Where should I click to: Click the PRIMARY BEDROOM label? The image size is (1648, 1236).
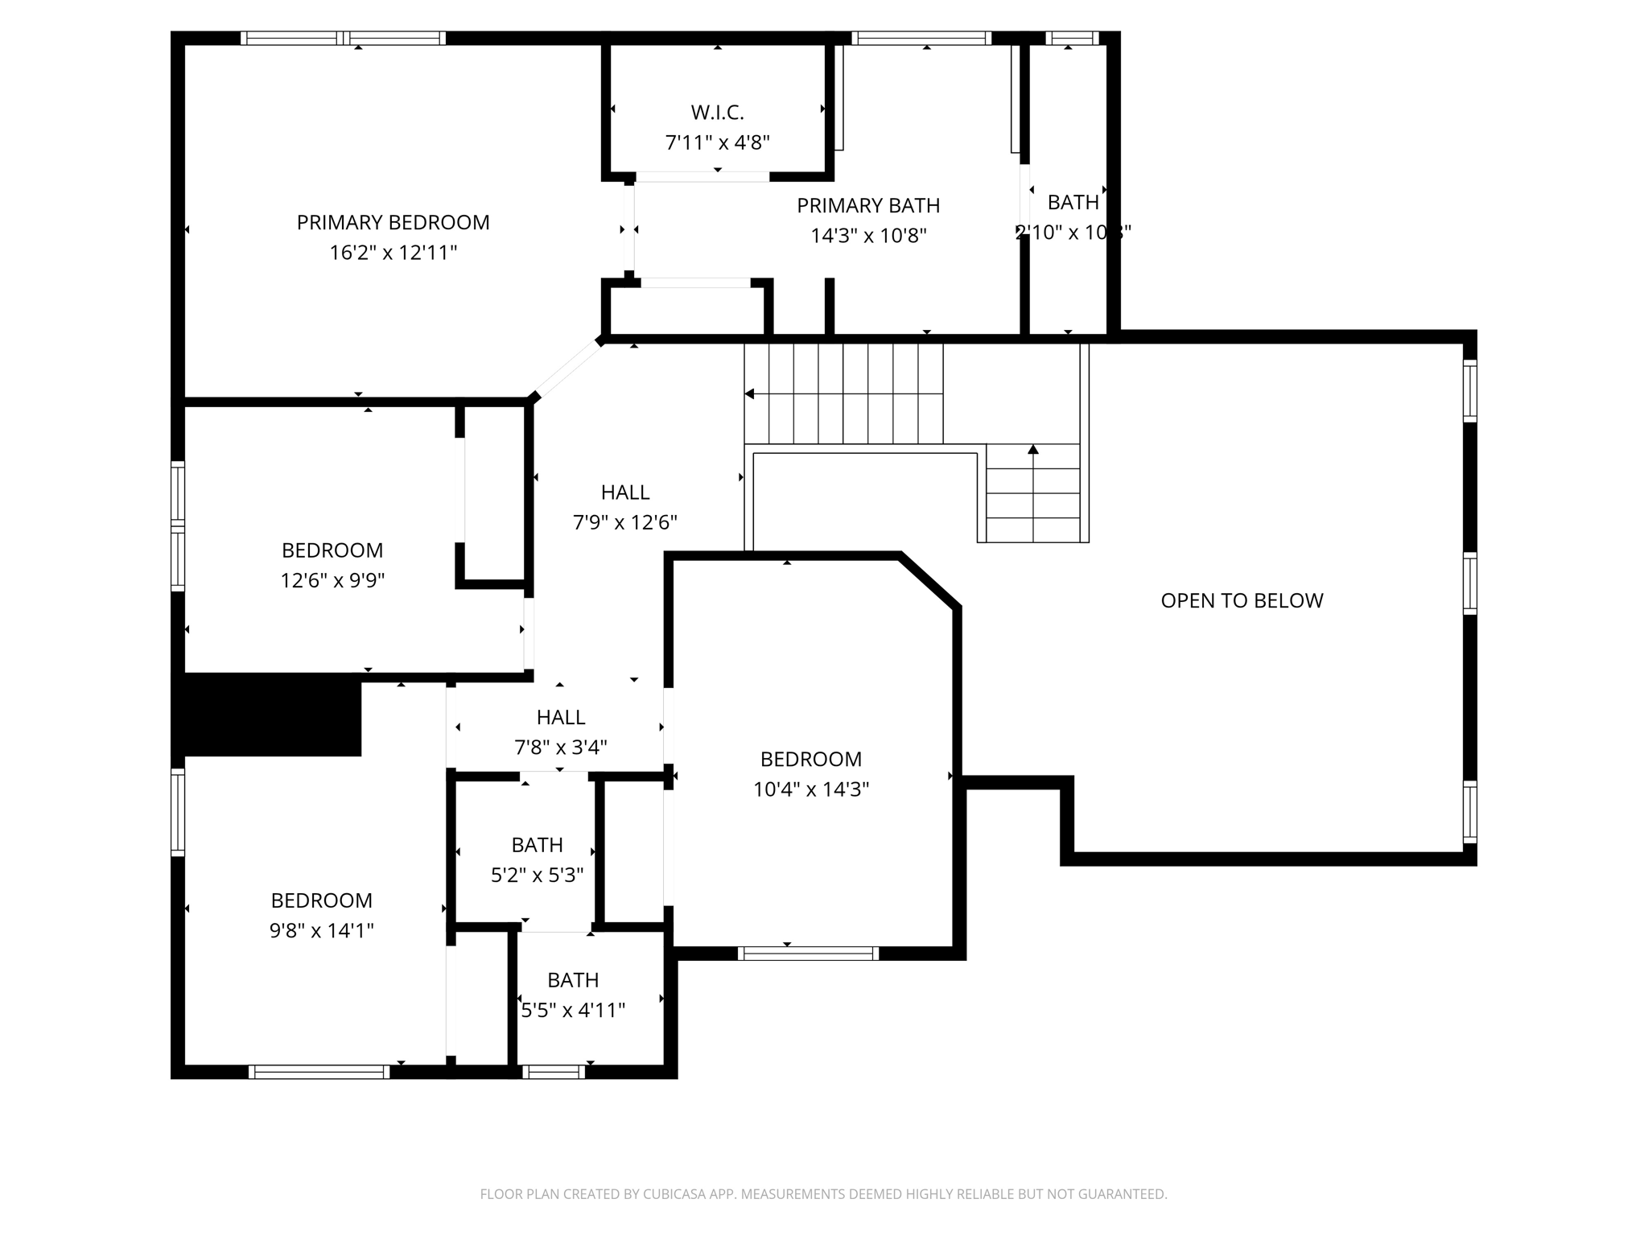tap(393, 223)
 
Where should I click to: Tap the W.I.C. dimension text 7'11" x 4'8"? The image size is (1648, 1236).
tap(717, 143)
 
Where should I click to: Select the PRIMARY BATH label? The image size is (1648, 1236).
tap(868, 206)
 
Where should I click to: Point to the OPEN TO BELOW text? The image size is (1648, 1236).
tap(1241, 601)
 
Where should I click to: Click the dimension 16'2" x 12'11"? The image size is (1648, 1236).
tap(393, 253)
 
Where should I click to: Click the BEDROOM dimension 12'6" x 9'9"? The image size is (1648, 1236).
tap(332, 581)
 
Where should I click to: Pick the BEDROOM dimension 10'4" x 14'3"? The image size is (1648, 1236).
tap(810, 790)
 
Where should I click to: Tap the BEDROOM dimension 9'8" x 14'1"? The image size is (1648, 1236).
tap(321, 931)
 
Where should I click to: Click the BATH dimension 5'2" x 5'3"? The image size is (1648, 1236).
tap(537, 875)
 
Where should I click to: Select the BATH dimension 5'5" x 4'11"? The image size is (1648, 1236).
tap(572, 1011)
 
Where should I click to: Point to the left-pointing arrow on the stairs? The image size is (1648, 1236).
tap(750, 394)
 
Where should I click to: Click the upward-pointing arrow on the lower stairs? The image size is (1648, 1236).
tap(1033, 450)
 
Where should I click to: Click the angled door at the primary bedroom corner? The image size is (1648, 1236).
tap(568, 369)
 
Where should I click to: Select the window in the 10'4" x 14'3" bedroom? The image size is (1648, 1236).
tap(808, 954)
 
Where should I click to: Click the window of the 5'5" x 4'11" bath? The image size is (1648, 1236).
tap(554, 1072)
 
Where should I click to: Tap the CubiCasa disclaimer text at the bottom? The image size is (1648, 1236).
tap(823, 1194)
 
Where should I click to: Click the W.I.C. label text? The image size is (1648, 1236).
tap(717, 113)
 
